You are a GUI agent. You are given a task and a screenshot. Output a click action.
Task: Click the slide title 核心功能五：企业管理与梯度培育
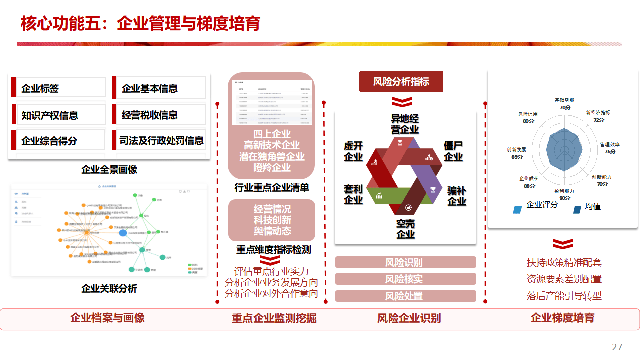coord(140,23)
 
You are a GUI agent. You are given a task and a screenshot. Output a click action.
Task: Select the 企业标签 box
coord(58,88)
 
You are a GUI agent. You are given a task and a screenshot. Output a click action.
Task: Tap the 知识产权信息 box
coord(58,115)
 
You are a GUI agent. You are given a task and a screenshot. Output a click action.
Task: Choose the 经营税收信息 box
coord(159,115)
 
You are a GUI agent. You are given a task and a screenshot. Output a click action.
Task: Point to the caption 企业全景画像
coord(109,170)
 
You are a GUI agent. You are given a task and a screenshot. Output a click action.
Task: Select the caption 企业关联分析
coord(109,289)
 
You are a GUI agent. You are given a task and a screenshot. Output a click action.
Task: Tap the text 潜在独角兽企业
coord(271,156)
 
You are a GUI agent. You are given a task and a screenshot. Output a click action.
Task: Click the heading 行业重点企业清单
coord(271,188)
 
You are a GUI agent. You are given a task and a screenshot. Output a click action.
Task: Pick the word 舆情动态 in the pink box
coord(272,231)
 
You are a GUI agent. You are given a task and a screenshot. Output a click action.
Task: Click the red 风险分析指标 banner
coord(401,81)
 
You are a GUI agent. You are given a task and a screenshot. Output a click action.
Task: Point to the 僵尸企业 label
coord(453,151)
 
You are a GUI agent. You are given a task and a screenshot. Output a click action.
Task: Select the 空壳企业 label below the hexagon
coord(405,229)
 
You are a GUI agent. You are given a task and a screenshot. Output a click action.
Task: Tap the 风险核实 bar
coord(405,279)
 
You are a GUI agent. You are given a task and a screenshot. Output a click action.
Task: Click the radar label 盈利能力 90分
coord(564,194)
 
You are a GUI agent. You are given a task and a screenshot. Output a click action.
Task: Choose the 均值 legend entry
coord(592,207)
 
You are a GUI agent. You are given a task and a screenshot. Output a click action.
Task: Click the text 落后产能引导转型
coord(564,296)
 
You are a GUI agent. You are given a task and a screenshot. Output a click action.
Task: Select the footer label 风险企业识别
coord(409,318)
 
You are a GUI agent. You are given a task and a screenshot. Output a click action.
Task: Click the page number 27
coord(617,347)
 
